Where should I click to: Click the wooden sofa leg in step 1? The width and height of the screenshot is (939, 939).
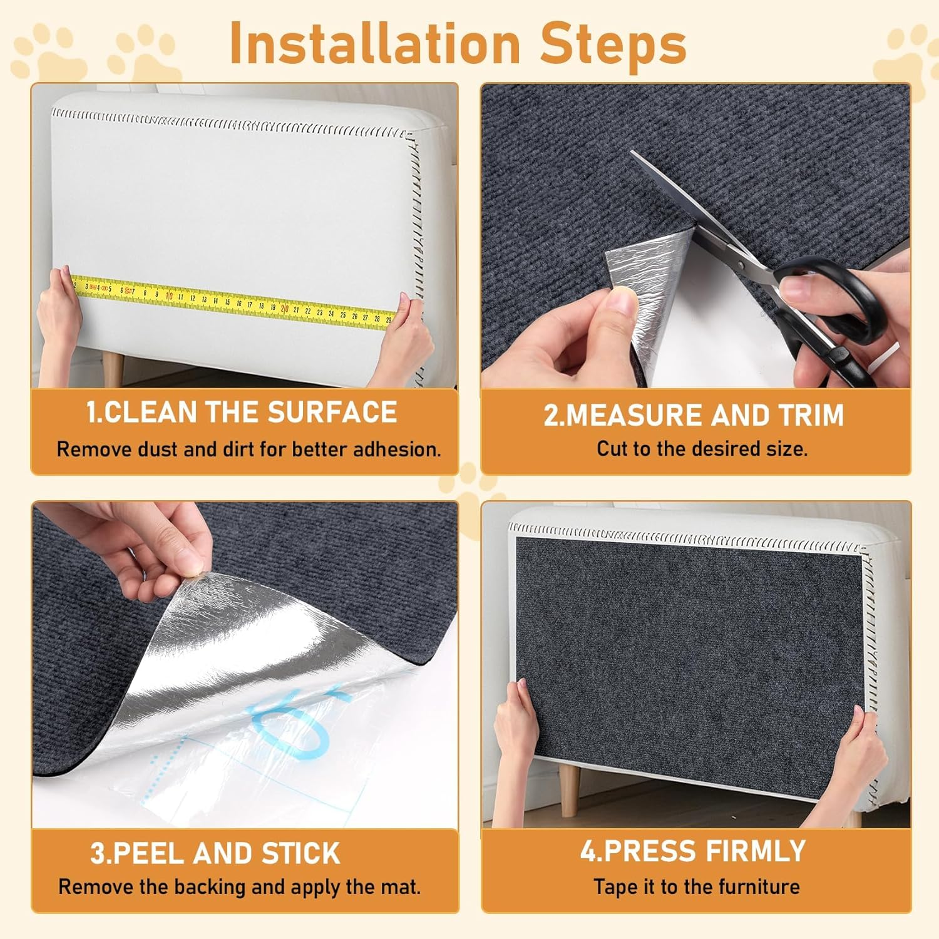[x=113, y=370]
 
